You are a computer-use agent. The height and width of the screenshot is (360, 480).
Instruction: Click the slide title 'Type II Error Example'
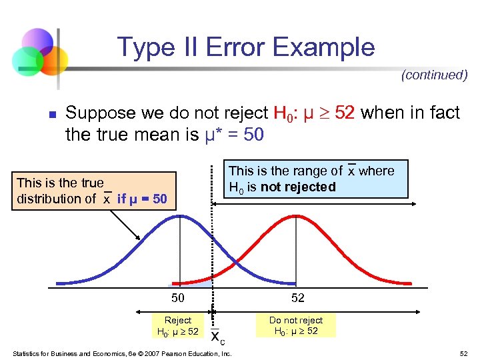click(246, 47)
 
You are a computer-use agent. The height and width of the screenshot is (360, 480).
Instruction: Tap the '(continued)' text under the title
click(434, 75)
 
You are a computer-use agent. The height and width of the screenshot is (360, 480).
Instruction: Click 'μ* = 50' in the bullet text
click(233, 135)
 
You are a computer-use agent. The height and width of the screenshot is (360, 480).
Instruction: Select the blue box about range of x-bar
click(314, 179)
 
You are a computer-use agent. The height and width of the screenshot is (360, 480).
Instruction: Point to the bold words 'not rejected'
click(298, 187)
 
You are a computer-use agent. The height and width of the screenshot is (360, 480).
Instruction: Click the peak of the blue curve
click(179, 217)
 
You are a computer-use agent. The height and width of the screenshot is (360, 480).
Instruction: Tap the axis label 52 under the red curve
click(296, 298)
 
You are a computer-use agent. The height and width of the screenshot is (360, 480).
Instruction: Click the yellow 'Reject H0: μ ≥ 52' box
click(177, 326)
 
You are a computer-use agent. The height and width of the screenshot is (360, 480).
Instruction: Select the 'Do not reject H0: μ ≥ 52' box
click(295, 326)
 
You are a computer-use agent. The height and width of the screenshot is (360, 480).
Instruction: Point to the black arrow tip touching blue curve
click(140, 239)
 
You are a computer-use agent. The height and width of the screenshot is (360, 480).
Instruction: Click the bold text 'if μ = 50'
click(142, 199)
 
